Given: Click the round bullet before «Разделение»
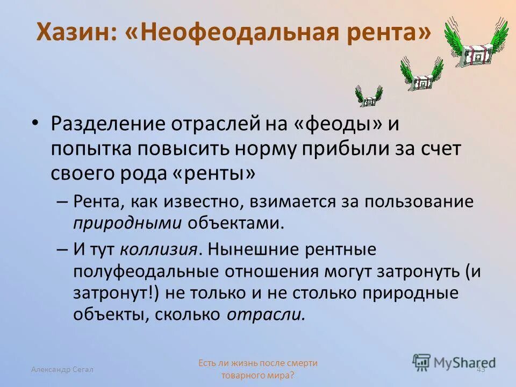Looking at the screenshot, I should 35,123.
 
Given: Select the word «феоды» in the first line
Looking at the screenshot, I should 339,124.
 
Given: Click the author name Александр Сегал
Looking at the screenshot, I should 62,369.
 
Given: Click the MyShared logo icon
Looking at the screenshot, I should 422,362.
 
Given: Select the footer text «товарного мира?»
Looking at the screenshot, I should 258,375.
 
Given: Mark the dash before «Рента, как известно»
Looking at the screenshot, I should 61,202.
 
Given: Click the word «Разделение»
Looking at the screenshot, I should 107,124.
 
